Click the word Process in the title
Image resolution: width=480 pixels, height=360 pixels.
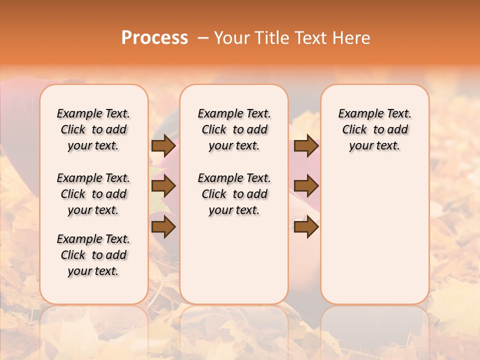pos(154,37)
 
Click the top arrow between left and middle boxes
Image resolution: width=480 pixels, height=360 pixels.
pos(163,145)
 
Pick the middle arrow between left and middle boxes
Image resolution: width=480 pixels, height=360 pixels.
pos(163,186)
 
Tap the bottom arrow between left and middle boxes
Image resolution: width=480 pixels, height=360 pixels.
pos(163,227)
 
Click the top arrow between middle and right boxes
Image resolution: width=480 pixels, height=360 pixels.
pos(306,145)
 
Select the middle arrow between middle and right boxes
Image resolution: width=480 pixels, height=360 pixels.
pos(306,186)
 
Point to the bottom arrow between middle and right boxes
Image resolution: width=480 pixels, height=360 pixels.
pos(306,227)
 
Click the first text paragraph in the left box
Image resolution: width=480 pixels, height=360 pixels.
pos(93,129)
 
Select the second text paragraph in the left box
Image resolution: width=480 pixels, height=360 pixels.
pos(93,194)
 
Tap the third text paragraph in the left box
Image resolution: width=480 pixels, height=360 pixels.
pos(93,255)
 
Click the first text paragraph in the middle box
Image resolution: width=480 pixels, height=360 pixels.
pos(234,129)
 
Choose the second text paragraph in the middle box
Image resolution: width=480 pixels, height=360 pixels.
pos(234,194)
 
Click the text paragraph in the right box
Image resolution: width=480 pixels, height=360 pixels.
pos(375,129)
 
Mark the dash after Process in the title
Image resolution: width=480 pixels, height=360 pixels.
pos(203,37)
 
